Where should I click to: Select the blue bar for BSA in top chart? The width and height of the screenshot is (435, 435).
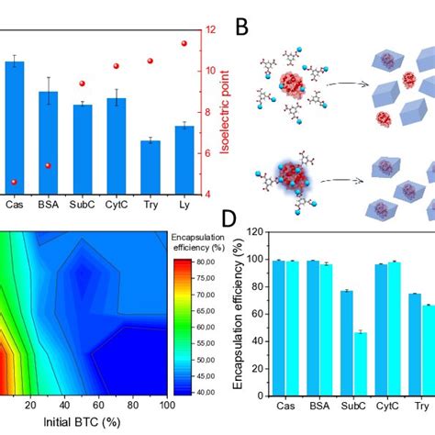click(x=49, y=141)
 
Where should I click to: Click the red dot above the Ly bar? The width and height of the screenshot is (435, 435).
click(x=184, y=43)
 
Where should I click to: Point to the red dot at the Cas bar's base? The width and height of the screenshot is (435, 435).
click(x=15, y=183)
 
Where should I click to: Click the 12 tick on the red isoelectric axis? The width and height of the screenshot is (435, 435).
click(x=210, y=29)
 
